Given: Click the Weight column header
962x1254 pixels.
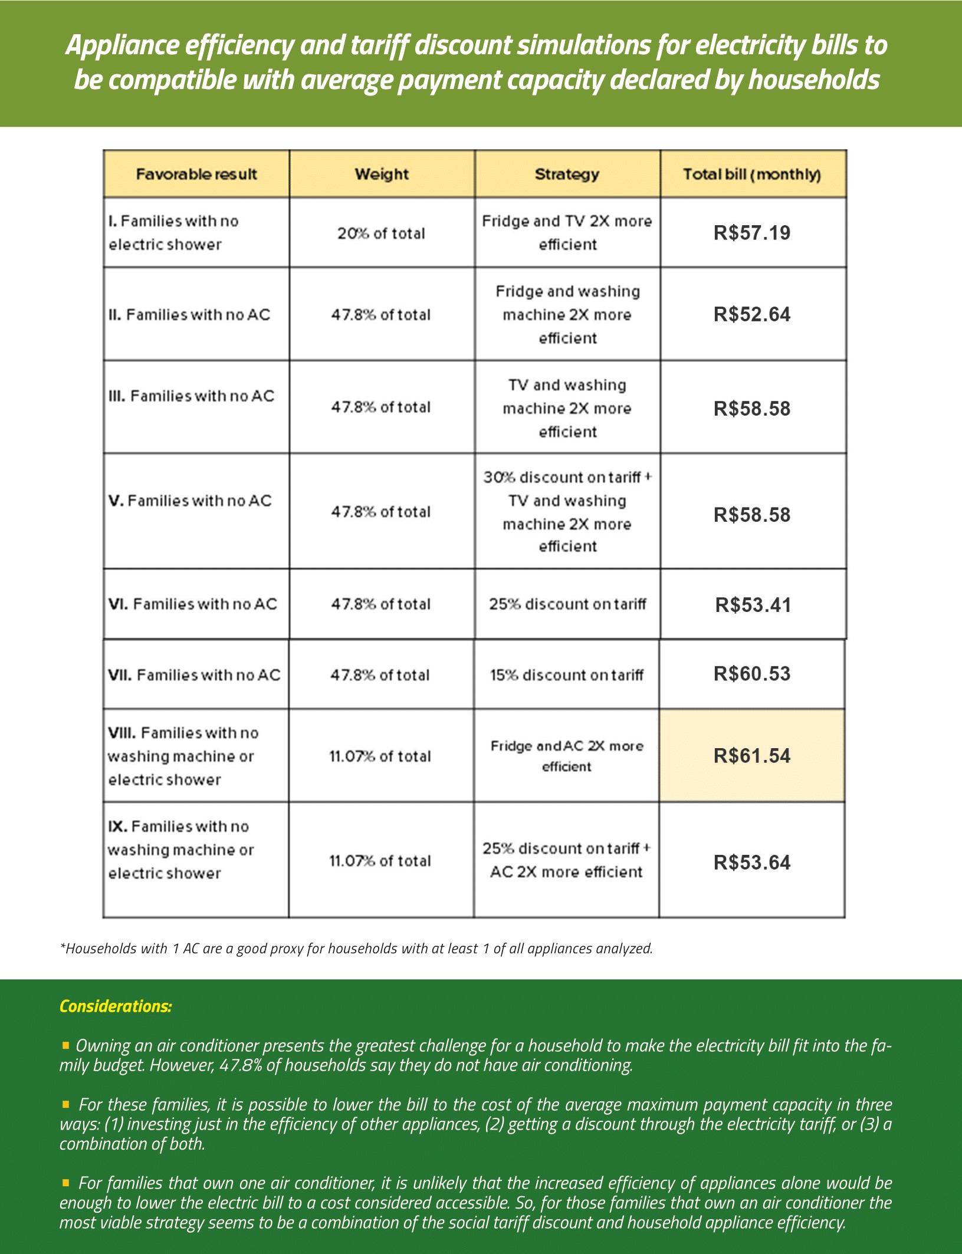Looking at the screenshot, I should click(x=382, y=174).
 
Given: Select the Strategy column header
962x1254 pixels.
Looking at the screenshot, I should click(x=567, y=174).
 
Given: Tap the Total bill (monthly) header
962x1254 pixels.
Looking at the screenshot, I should click(x=752, y=175).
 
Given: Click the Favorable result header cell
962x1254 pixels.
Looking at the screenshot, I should click(x=196, y=174).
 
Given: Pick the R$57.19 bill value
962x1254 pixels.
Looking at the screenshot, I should click(x=752, y=233).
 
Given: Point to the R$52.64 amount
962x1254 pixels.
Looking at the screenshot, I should click(x=752, y=314).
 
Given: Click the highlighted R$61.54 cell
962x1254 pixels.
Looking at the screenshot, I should click(x=752, y=756).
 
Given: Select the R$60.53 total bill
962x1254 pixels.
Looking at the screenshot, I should click(x=752, y=674).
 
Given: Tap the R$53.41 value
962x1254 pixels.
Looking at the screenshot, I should click(x=753, y=605).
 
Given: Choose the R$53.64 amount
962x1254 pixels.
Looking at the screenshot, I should click(x=752, y=863).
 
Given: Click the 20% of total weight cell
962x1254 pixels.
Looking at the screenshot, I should click(x=381, y=233).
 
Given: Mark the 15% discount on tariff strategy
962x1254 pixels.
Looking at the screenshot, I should click(x=566, y=675).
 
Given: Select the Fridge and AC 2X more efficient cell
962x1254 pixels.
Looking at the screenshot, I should click(x=566, y=756).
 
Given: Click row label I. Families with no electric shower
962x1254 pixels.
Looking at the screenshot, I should click(x=173, y=233).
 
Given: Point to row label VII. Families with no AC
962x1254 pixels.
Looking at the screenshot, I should click(x=194, y=675).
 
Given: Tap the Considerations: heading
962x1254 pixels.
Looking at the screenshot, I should click(x=116, y=1006).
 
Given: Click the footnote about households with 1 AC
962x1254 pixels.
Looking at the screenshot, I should click(x=356, y=948).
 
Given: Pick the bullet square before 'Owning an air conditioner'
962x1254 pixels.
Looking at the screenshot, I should click(x=65, y=1045).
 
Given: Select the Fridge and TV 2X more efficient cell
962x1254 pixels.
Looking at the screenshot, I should click(x=567, y=233).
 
